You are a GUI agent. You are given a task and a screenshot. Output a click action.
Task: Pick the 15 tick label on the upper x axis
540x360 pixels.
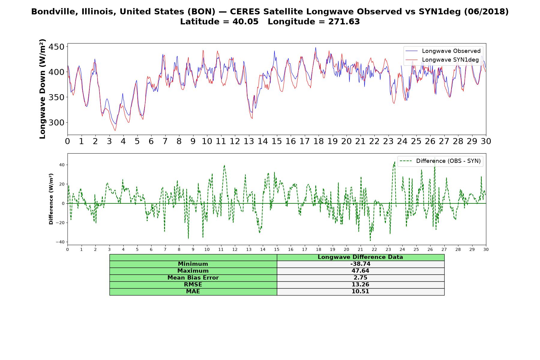[277, 141]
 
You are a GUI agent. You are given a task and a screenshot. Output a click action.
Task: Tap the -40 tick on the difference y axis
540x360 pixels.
[60, 242]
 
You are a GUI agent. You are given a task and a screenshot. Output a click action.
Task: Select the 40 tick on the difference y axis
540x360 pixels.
[62, 165]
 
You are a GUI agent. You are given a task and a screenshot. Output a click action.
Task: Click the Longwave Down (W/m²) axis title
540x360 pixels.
[43, 89]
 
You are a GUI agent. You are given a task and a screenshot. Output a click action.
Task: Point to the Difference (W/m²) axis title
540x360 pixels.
[51, 199]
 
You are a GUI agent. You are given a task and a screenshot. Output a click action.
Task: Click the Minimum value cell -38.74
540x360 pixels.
[360, 264]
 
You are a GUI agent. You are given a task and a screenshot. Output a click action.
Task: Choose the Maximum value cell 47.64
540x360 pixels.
[360, 271]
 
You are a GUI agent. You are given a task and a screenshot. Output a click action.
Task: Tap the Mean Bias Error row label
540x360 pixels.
[193, 278]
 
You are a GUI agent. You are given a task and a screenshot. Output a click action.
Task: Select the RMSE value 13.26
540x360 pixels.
[360, 285]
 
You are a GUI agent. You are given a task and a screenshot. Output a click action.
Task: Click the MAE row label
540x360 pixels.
[193, 292]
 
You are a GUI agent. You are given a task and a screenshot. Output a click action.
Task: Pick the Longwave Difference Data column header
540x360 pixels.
[360, 257]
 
